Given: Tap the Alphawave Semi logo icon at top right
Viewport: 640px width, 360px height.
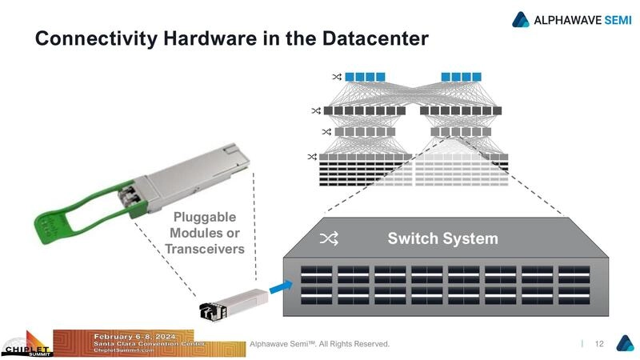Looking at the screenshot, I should [522, 19].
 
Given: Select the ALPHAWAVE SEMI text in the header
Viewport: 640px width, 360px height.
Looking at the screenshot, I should [582, 19].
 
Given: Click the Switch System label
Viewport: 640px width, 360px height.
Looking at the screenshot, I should [442, 238].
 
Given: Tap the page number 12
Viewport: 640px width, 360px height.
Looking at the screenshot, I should [598, 344].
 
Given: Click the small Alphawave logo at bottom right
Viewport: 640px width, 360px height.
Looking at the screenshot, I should [624, 343].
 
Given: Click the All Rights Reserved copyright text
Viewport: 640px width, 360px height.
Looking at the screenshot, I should [320, 344].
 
